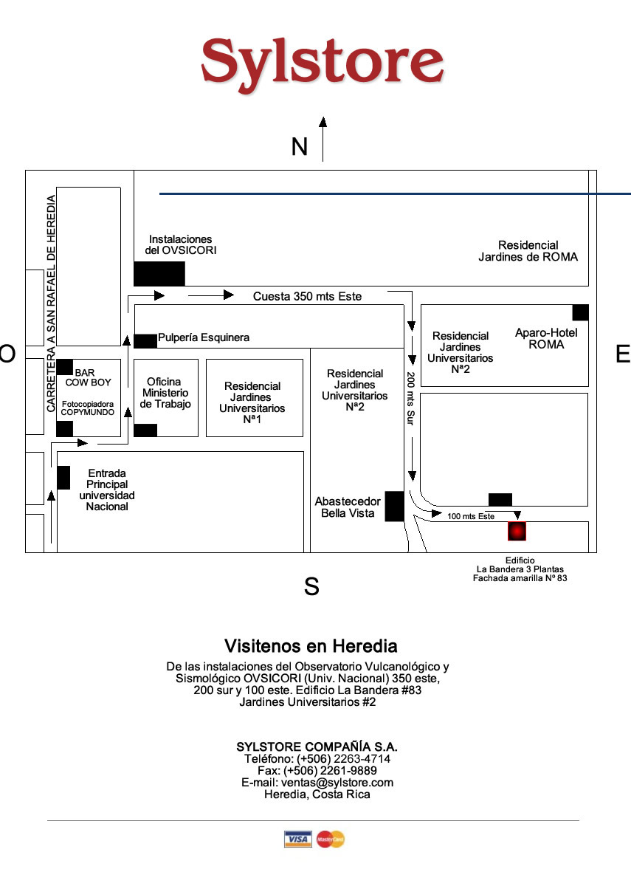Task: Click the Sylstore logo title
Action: [x=322, y=61]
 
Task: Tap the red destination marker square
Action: [x=517, y=531]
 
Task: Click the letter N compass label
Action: [x=299, y=147]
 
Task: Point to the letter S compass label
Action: [x=311, y=587]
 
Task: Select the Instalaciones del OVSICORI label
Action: [x=181, y=244]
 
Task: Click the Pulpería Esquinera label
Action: [x=204, y=337]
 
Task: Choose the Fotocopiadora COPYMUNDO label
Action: [x=88, y=408]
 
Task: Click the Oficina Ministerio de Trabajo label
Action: [x=165, y=393]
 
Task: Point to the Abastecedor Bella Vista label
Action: [x=348, y=507]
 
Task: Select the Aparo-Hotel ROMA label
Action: [x=546, y=338]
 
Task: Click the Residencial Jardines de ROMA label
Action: [x=528, y=251]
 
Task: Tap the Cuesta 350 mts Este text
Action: [x=307, y=296]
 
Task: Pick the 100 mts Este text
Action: [x=471, y=516]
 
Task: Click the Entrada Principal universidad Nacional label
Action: [x=107, y=490]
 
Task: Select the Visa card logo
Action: [x=298, y=839]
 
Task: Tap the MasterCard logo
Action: [x=331, y=839]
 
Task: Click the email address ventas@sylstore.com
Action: [x=317, y=783]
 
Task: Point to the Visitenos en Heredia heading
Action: [x=311, y=646]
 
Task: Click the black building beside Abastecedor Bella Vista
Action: [x=394, y=506]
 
